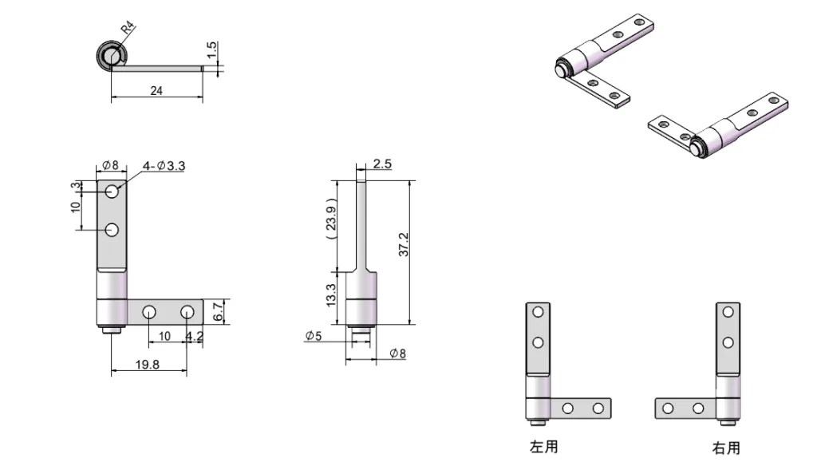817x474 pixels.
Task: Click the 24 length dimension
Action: (x=156, y=91)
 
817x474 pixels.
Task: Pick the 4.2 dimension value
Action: (x=194, y=336)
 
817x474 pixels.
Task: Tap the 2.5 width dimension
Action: (x=382, y=164)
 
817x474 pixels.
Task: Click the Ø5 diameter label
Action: (x=314, y=336)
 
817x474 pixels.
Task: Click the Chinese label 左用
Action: (x=544, y=447)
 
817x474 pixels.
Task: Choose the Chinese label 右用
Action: (x=726, y=448)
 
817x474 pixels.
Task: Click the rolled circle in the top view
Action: (x=110, y=56)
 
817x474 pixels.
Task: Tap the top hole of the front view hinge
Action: (x=112, y=192)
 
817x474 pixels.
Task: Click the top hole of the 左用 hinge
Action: (x=538, y=312)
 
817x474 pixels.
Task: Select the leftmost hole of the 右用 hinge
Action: (x=669, y=409)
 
